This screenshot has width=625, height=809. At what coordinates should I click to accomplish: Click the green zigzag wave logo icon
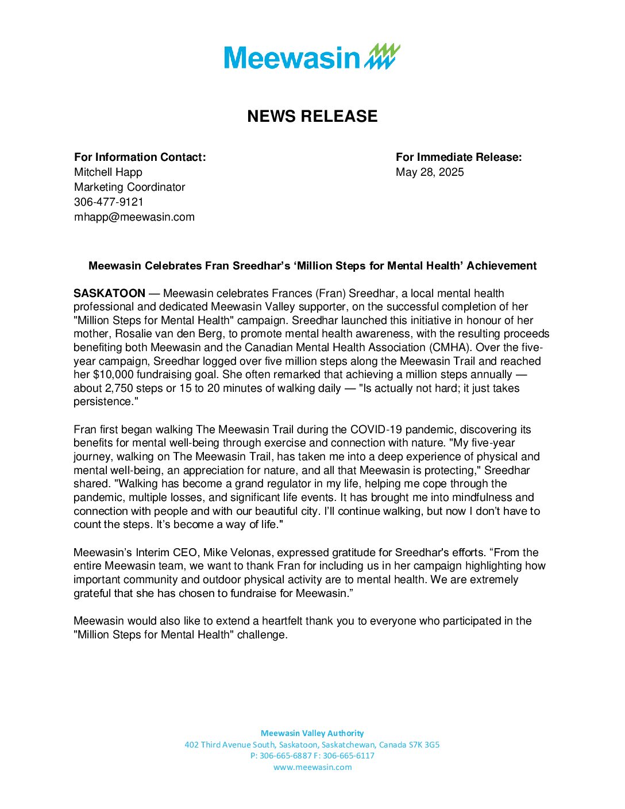coord(383,56)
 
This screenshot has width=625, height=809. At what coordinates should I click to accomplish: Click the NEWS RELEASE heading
coord(312,116)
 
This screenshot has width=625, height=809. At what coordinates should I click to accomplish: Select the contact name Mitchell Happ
coord(108,172)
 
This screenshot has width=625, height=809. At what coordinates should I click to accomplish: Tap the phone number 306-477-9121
coord(109,202)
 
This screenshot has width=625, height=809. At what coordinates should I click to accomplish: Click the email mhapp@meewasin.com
coord(134,217)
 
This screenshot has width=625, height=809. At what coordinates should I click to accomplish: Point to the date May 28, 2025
coord(430,172)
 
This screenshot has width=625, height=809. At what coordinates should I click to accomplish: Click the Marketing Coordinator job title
coord(129,187)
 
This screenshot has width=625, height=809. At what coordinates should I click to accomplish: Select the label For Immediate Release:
coord(458,157)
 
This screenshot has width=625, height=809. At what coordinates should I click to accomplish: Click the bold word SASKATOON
coord(109,294)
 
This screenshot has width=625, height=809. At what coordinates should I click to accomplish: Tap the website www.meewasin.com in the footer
coord(312,767)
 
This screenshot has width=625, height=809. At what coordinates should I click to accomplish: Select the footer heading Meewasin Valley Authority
coord(312,733)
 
